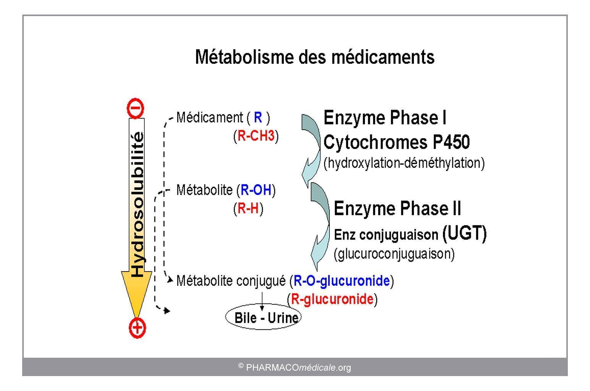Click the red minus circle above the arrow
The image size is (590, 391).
point(135,108)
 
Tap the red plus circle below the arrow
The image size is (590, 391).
point(137,328)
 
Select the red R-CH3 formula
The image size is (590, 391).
point(256,136)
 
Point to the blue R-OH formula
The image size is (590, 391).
point(256,190)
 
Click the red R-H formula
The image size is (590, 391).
point(248,208)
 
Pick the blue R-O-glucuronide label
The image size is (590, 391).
point(342,280)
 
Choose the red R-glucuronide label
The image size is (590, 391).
point(332,299)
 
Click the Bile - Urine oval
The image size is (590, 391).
point(263,317)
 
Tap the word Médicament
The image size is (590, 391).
point(210,117)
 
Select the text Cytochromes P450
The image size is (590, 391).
point(396,142)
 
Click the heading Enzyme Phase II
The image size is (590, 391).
point(397,209)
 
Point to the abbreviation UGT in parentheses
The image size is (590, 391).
point(464,233)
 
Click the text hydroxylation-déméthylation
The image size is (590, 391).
point(404,163)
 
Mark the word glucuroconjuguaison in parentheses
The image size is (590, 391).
point(394,254)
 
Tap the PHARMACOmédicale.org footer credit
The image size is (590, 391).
point(295,367)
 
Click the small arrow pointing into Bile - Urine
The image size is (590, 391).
point(262,301)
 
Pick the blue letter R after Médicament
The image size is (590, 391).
point(258,117)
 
